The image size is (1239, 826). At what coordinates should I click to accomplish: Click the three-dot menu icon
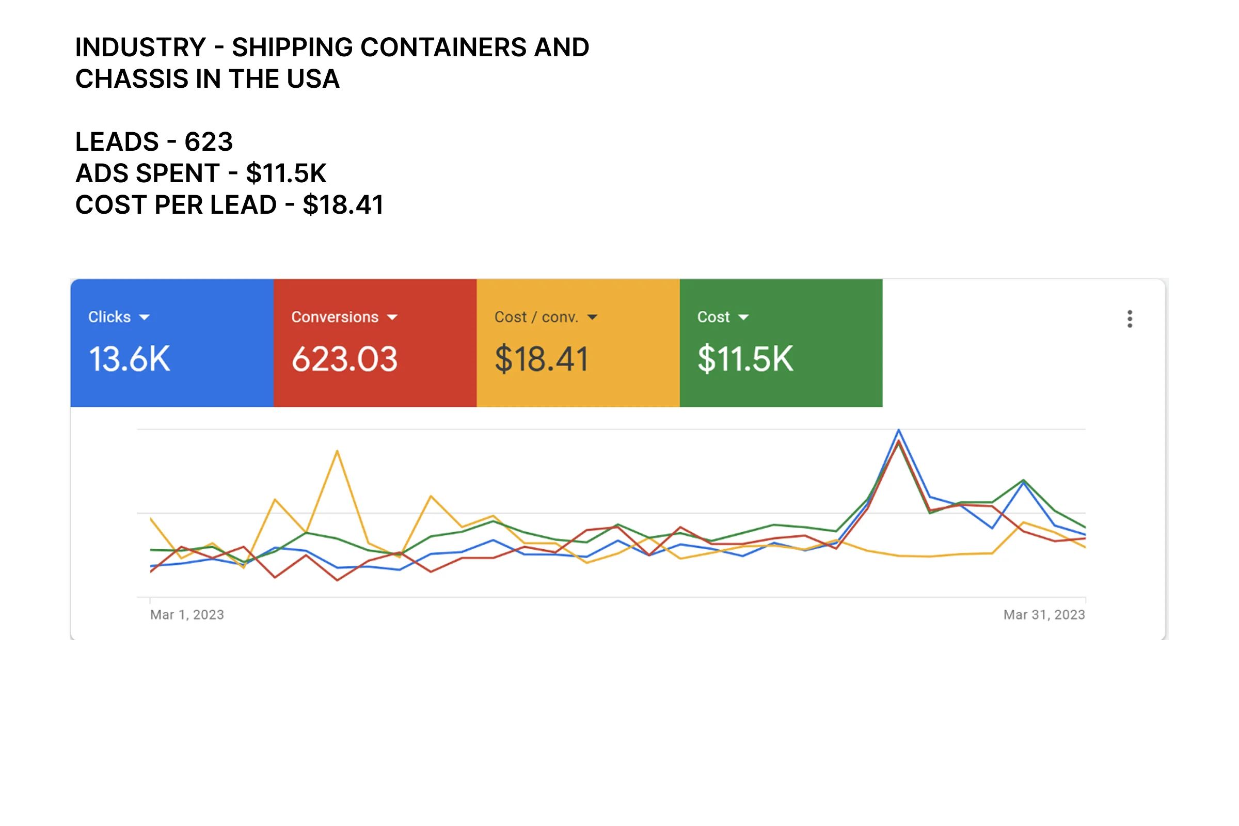pyautogui.click(x=1130, y=319)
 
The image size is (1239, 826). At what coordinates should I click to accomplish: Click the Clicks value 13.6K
pyautogui.click(x=130, y=359)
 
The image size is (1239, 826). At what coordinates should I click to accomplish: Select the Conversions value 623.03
pyautogui.click(x=344, y=359)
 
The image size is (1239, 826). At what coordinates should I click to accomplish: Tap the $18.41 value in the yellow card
pyautogui.click(x=541, y=359)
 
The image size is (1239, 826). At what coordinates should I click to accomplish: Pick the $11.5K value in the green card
pyautogui.click(x=745, y=359)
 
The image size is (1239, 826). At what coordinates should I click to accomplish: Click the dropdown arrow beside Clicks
pyautogui.click(x=145, y=317)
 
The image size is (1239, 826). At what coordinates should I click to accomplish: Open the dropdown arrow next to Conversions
pyautogui.click(x=392, y=317)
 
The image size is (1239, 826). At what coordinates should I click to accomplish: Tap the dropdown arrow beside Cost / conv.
pyautogui.click(x=592, y=317)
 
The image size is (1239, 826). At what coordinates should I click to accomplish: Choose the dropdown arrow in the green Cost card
pyautogui.click(x=743, y=317)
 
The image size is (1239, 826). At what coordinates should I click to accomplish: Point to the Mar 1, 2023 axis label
pyautogui.click(x=187, y=615)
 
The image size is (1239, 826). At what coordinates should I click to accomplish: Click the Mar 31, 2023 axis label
pyautogui.click(x=1043, y=615)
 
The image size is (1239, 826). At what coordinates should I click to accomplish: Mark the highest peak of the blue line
pyautogui.click(x=899, y=431)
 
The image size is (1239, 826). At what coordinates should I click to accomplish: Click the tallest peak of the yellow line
pyautogui.click(x=337, y=451)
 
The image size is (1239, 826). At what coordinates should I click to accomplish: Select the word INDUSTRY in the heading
pyautogui.click(x=140, y=47)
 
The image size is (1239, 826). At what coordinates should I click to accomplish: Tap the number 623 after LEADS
pyautogui.click(x=209, y=141)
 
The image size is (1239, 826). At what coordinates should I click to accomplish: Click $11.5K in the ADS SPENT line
pyautogui.click(x=286, y=173)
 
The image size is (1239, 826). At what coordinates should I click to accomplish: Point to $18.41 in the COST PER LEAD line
pyautogui.click(x=343, y=205)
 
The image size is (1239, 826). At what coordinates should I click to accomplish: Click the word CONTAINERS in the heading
pyautogui.click(x=443, y=47)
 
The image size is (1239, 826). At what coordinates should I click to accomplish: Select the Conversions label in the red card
pyautogui.click(x=335, y=317)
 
